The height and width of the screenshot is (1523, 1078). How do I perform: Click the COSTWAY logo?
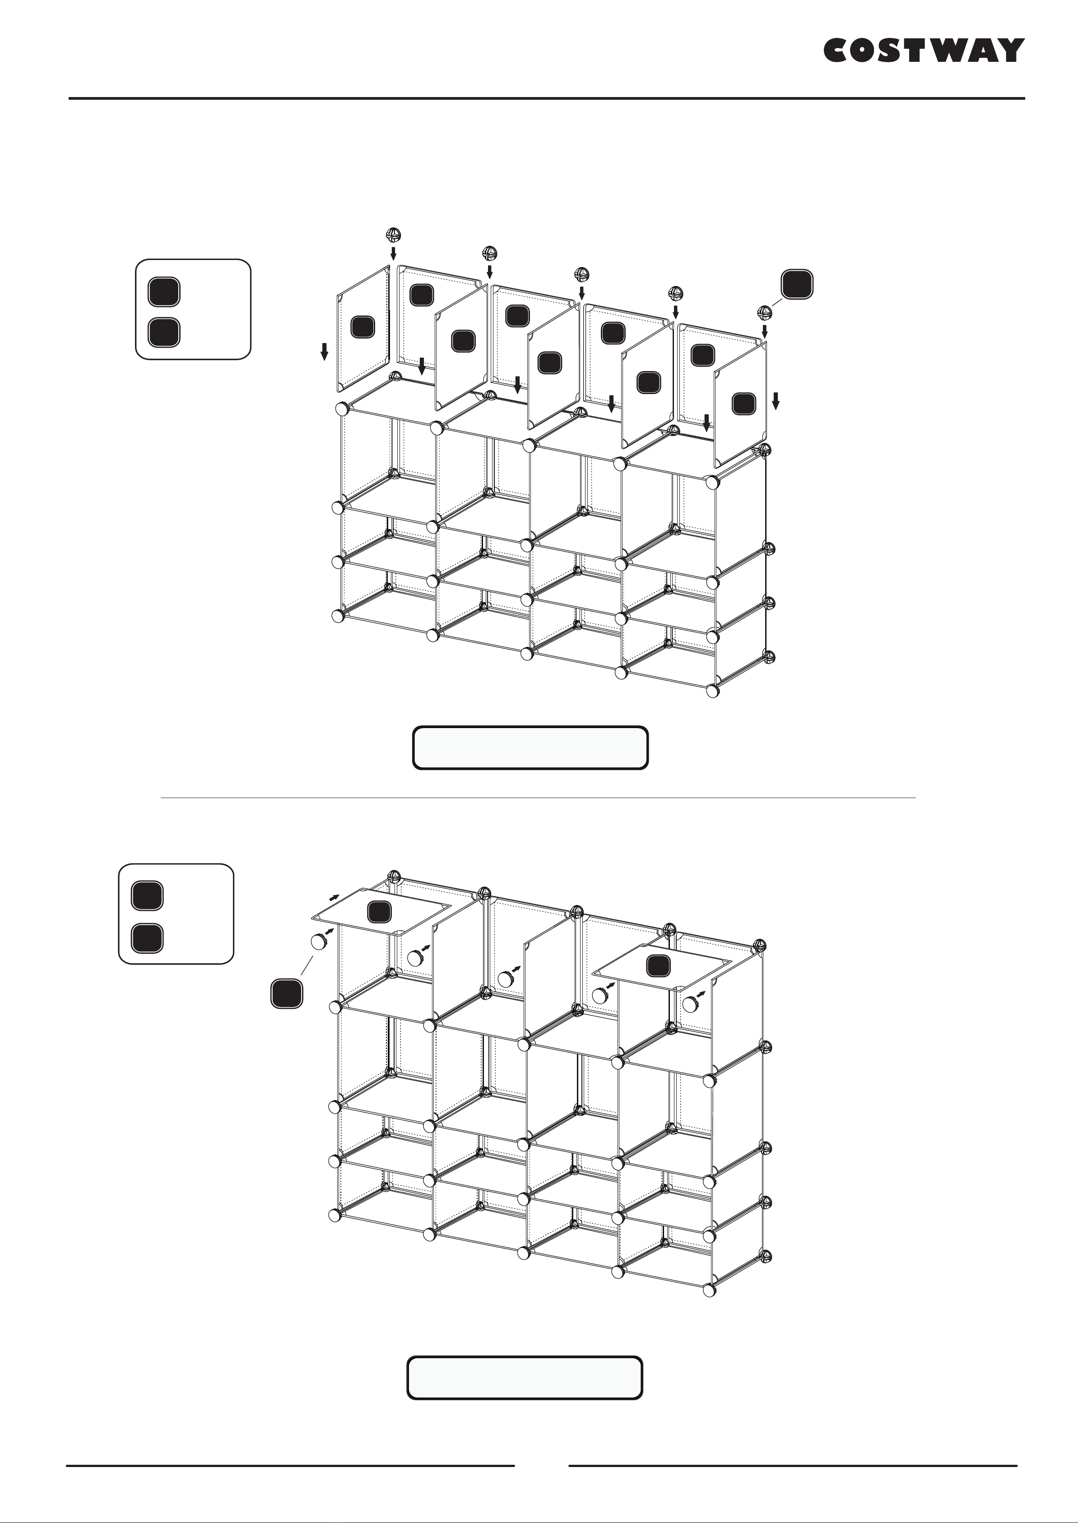coord(924,51)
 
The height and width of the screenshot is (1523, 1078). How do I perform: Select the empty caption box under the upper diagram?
coord(530,748)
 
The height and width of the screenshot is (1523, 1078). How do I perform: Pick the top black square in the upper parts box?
coord(164,291)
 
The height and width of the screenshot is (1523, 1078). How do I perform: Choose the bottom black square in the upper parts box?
coord(164,333)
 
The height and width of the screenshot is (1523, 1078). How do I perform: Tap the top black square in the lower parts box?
coord(147,896)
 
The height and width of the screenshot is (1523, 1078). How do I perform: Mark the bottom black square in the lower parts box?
coord(147,938)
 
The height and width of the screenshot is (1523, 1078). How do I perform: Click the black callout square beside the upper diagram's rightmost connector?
coord(797,284)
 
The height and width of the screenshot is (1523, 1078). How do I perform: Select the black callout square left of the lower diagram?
coord(287,994)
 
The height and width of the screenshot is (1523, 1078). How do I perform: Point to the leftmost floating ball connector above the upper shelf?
coord(394,234)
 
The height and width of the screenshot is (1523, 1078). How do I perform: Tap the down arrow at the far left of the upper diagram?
coord(325,352)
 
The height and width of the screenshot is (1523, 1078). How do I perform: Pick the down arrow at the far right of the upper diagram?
coord(775,401)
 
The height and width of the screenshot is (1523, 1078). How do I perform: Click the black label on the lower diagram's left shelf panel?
coord(379,912)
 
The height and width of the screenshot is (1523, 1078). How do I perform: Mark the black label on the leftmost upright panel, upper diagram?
coord(362,326)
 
